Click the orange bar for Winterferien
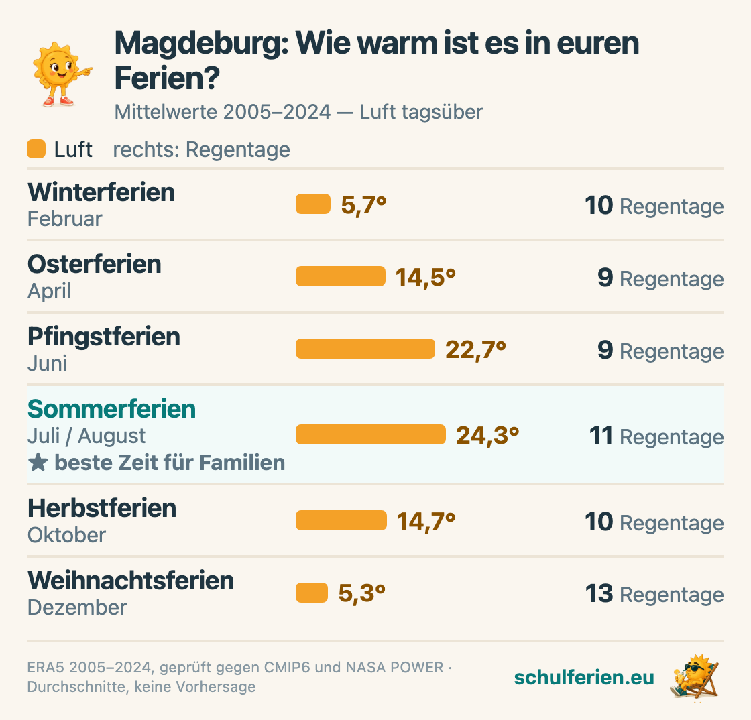click(312, 204)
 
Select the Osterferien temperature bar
click(341, 276)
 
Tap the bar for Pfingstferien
click(365, 349)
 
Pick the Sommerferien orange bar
click(371, 434)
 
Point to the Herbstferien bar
click(341, 520)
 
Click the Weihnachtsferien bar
click(312, 593)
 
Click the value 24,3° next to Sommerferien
click(487, 436)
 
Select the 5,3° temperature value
click(362, 593)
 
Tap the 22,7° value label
click(475, 350)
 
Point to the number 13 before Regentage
click(599, 593)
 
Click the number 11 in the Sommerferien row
click(601, 436)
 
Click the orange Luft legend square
click(36, 149)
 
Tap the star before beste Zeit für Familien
click(38, 463)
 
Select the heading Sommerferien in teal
click(111, 409)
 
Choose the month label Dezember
click(77, 607)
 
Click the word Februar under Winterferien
click(64, 219)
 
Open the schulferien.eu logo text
click(584, 677)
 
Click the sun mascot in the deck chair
click(695, 676)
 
